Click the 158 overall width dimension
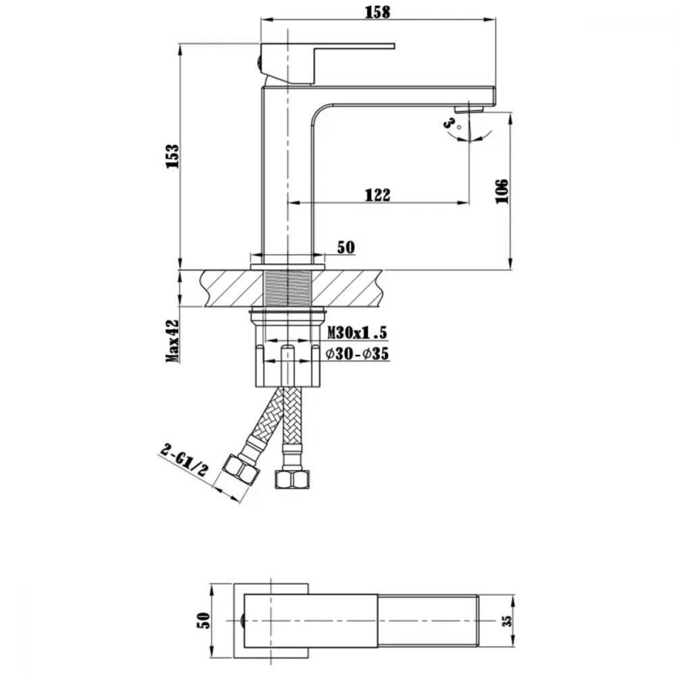[x=378, y=12]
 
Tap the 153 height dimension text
[x=172, y=157]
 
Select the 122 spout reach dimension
[x=378, y=195]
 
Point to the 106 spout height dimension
[x=502, y=191]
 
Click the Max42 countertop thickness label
[x=172, y=341]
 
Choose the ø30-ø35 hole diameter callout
[x=358, y=354]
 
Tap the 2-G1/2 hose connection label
[x=184, y=460]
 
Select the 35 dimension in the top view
[x=508, y=621]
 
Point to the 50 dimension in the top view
[x=203, y=621]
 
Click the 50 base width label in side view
[x=345, y=247]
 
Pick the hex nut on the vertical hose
[x=292, y=479]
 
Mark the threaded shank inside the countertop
[x=287, y=289]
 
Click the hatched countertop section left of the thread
[x=233, y=289]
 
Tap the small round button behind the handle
[x=258, y=64]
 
